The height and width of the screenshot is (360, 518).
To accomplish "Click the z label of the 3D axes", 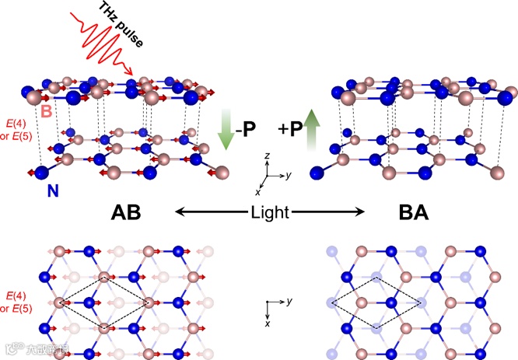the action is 267,156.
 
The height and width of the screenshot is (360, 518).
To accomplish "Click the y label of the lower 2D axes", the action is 288,300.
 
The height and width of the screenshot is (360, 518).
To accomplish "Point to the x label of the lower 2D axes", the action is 268,320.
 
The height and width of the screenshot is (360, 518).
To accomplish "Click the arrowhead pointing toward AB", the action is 177,211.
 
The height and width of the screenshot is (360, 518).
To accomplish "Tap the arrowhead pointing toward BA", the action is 361,211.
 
